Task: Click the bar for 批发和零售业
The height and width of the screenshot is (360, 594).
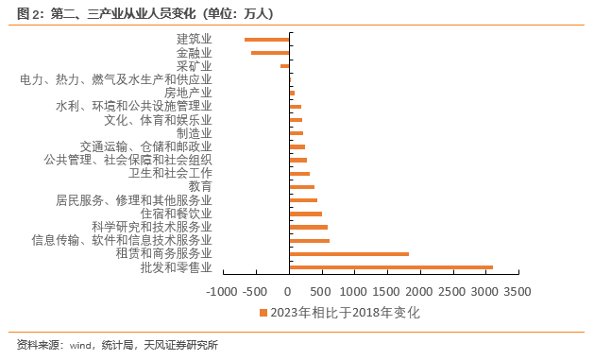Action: (x=391, y=267)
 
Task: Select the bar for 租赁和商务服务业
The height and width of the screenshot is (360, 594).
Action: (x=349, y=254)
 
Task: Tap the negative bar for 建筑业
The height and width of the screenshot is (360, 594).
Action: (x=266, y=39)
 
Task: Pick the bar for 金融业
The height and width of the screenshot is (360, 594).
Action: (x=270, y=52)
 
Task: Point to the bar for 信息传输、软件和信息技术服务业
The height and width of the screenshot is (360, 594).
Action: (x=309, y=241)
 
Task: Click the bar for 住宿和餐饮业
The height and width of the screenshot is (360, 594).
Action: (x=305, y=214)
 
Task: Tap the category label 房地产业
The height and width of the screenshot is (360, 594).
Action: (x=187, y=93)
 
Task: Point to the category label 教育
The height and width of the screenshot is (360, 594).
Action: (x=199, y=187)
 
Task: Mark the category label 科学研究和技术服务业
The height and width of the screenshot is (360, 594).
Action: (x=151, y=228)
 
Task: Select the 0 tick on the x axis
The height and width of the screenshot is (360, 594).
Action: (x=289, y=292)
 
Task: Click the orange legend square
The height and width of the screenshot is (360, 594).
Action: (x=263, y=313)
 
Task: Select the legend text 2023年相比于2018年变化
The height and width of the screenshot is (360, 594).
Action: (x=345, y=313)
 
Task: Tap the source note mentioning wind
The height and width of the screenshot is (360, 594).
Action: (x=117, y=345)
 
